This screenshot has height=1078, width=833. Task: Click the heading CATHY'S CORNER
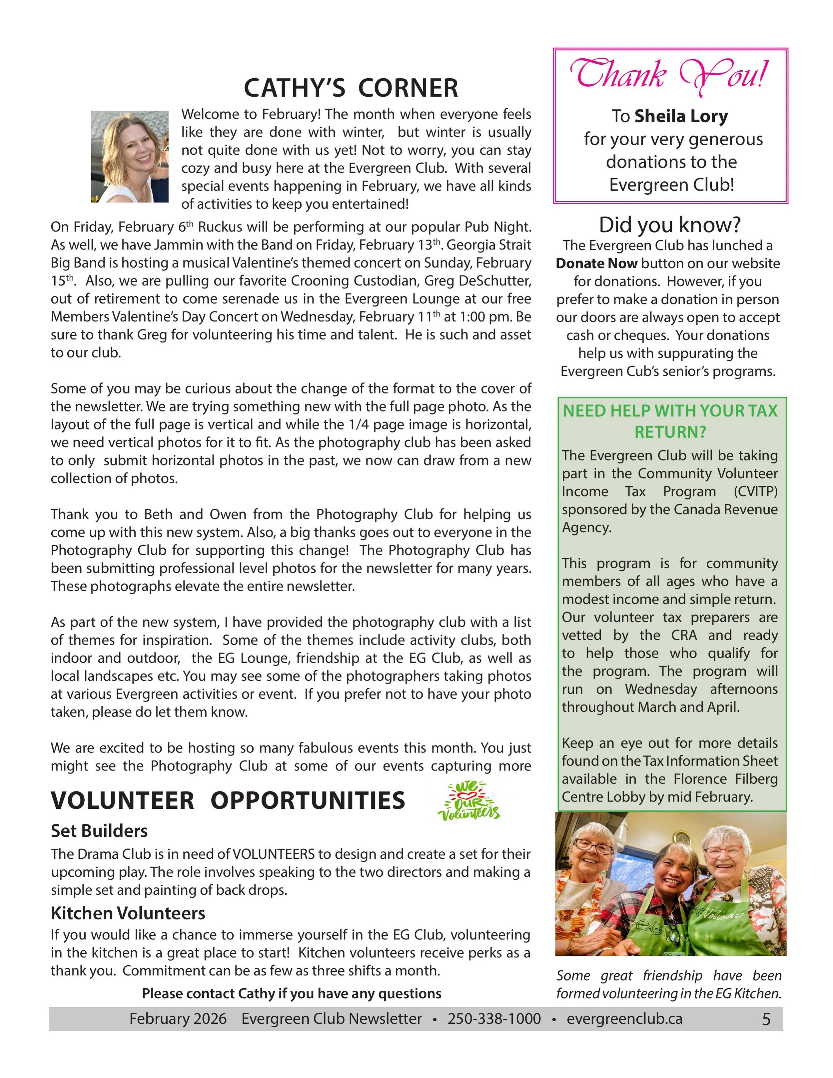tap(351, 88)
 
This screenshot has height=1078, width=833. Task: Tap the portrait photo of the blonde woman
tap(130, 157)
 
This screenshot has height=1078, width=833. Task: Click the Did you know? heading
tap(670, 225)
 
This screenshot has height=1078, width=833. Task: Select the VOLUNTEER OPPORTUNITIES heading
tap(228, 800)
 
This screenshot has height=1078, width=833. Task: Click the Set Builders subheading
tap(99, 831)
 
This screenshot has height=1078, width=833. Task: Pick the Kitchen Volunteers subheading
tap(128, 913)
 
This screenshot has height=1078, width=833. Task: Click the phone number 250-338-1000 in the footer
tap(494, 1019)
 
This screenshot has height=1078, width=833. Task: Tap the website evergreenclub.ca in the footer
tap(624, 1019)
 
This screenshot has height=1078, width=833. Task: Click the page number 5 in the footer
tap(766, 1019)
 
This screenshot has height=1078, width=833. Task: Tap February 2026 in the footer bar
tap(178, 1019)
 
